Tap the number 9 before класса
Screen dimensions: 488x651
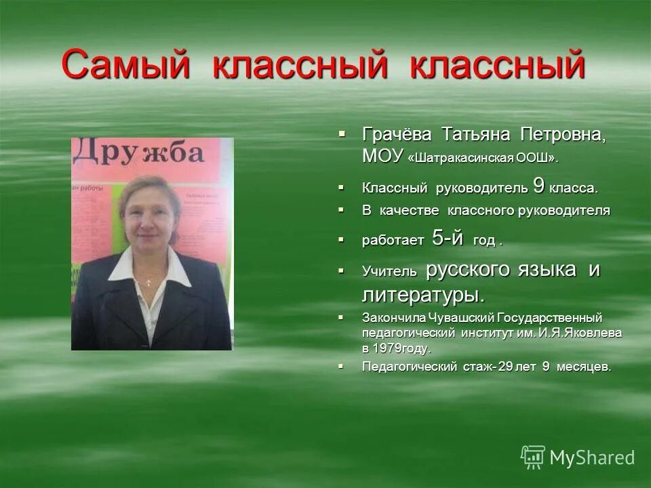click(x=538, y=184)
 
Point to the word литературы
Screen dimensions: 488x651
click(x=423, y=295)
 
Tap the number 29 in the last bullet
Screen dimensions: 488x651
click(x=505, y=367)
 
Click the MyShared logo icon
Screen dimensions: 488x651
click(x=533, y=457)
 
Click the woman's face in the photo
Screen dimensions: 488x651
click(x=148, y=220)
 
